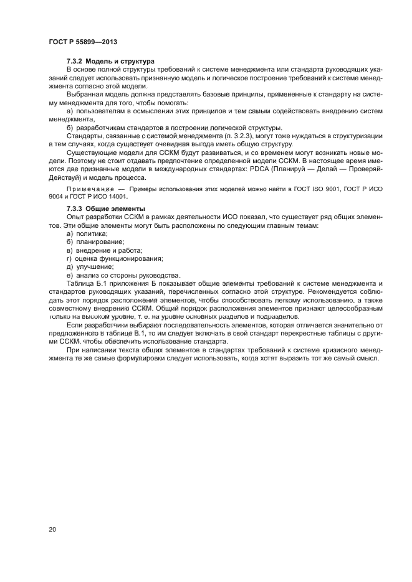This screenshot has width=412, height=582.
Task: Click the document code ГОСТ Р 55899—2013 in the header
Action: (x=83, y=42)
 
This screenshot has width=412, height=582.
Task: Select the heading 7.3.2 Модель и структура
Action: (x=106, y=61)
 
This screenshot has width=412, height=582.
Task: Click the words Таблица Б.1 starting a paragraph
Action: (x=85, y=283)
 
